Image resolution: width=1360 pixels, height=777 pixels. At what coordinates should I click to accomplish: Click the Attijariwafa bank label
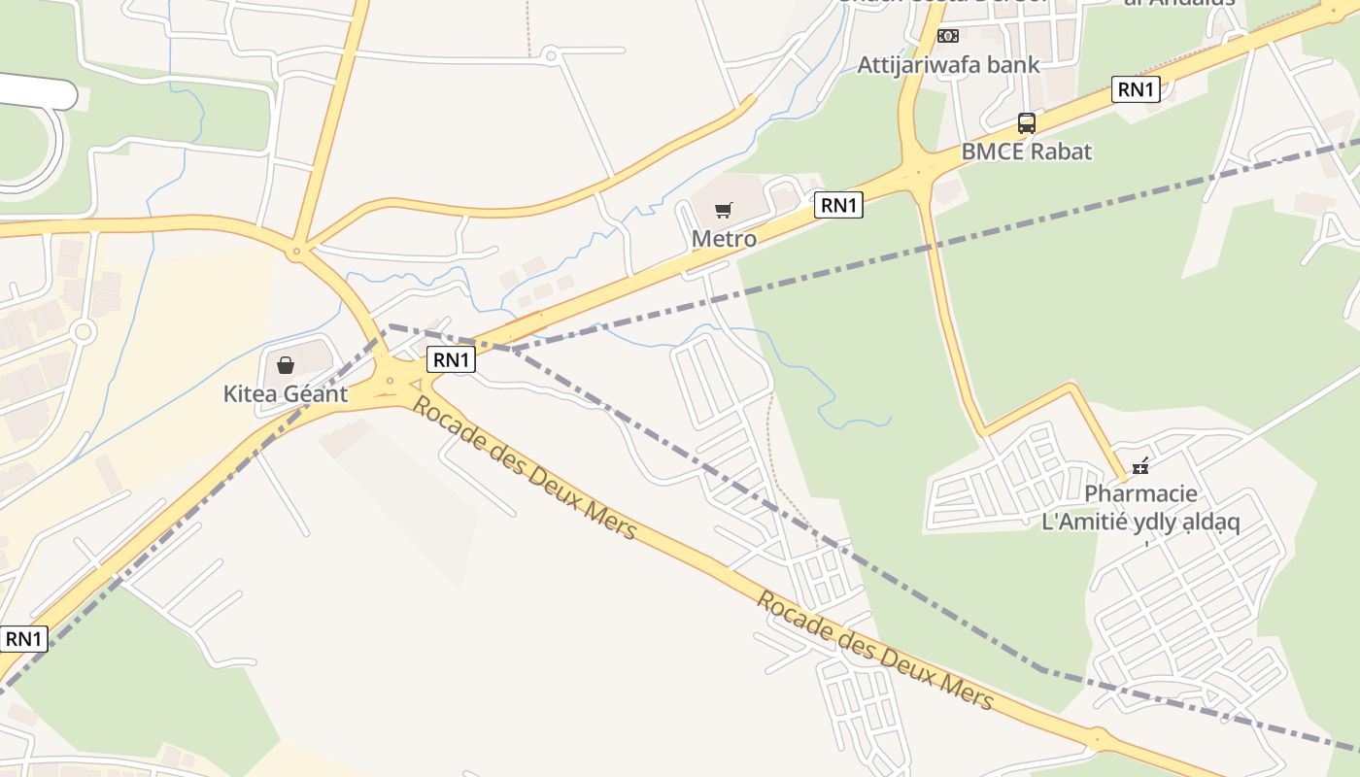pos(948,65)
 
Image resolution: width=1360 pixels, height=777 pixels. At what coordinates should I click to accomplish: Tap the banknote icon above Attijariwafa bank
pos(948,36)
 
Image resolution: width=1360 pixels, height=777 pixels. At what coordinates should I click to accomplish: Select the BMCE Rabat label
pos(1026,152)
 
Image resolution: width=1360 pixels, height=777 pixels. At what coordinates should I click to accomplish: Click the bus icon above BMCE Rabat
pos(1027,123)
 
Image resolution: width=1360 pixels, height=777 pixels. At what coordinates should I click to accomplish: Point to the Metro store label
pos(724,238)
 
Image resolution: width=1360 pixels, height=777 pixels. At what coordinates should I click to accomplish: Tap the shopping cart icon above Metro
pos(724,210)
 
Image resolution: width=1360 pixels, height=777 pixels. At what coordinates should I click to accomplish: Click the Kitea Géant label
pos(286,394)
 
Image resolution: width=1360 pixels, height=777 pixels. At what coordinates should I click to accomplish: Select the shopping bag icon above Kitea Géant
pos(286,365)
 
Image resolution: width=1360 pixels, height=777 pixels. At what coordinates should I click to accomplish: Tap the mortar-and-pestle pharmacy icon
pos(1140,466)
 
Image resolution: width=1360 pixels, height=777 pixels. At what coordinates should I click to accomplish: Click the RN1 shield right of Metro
pos(837,205)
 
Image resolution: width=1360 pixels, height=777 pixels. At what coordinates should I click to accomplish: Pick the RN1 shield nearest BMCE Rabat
pos(1136,90)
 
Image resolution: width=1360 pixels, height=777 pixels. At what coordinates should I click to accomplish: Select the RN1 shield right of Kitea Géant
pos(451,360)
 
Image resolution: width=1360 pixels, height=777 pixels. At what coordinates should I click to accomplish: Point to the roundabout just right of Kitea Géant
pos(391,380)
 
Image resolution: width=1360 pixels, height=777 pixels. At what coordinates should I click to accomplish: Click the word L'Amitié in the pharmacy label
pos(1083,523)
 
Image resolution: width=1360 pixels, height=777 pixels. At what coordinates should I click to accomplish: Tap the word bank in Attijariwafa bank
pos(1014,65)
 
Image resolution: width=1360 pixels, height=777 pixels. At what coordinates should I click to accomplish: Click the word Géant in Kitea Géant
pos(315,394)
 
